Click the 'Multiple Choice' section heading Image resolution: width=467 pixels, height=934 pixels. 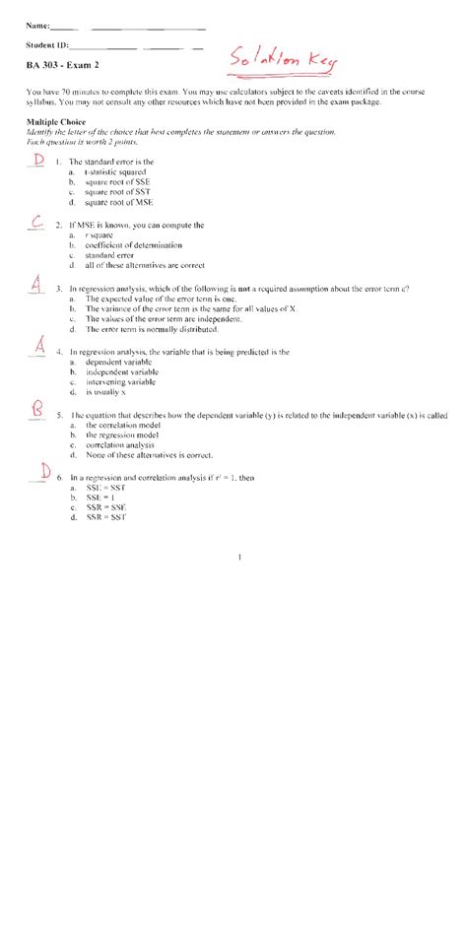[56, 122]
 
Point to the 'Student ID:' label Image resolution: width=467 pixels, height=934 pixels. [47, 46]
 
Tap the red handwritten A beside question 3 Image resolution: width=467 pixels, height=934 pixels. [35, 286]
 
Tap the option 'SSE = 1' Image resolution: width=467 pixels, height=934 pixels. [101, 498]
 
